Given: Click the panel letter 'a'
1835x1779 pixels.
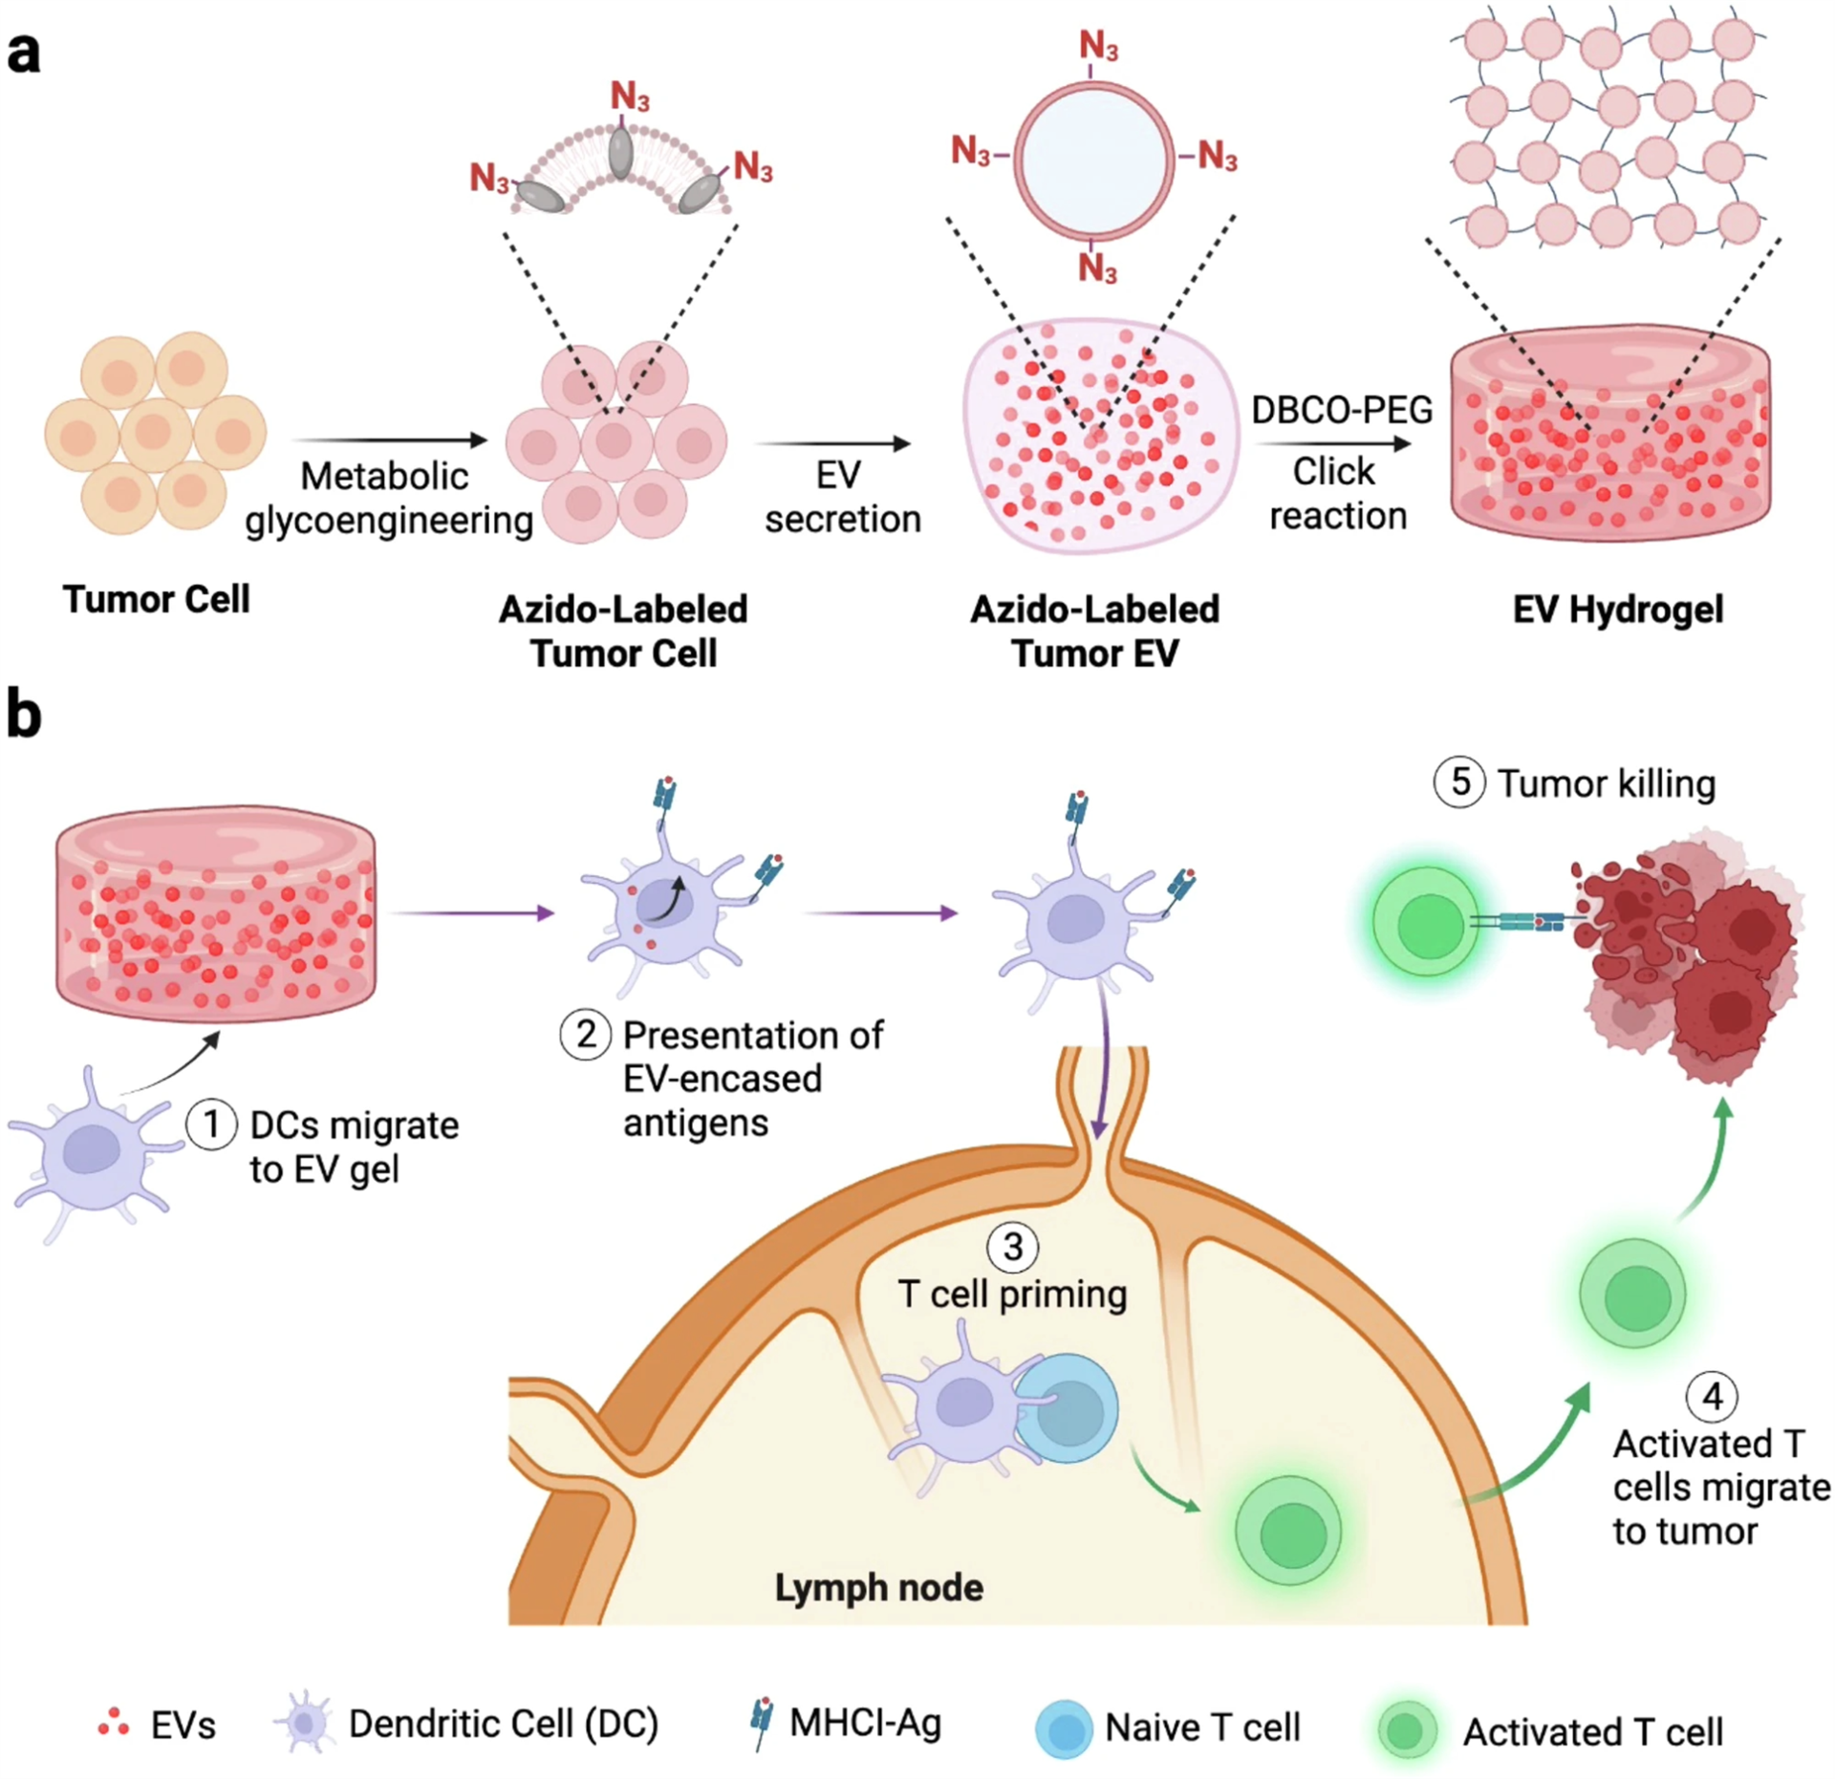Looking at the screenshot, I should pos(24,53).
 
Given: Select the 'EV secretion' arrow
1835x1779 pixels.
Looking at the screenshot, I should pos(832,443).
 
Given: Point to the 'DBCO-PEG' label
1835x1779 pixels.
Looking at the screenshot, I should pos(1342,410).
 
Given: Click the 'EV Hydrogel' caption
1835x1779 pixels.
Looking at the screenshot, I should pos(1617,609).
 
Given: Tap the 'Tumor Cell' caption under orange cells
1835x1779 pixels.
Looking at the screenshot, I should pos(157,599).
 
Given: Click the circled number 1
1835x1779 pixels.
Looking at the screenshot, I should pos(211,1125).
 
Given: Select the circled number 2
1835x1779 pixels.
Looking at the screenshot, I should pos(585,1034).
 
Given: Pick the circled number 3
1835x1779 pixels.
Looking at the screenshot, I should pos(1012,1246).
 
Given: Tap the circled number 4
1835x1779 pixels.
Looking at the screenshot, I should pos(1712,1396).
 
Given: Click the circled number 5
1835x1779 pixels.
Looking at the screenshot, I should pos(1458,782).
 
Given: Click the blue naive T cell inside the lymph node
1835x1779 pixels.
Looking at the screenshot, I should pos(1069,1408).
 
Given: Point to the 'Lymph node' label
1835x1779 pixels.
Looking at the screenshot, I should pos(878,1587).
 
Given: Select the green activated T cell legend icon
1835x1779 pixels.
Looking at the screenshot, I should pos(1407,1729).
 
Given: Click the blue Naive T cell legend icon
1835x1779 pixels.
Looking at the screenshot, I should pos(1064,1728).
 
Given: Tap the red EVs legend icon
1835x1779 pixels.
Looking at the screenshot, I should pos(114,1723).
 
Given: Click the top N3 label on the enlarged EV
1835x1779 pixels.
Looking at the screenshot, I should pos(1098,45).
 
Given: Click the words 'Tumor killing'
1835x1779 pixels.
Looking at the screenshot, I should pos(1606,783).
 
